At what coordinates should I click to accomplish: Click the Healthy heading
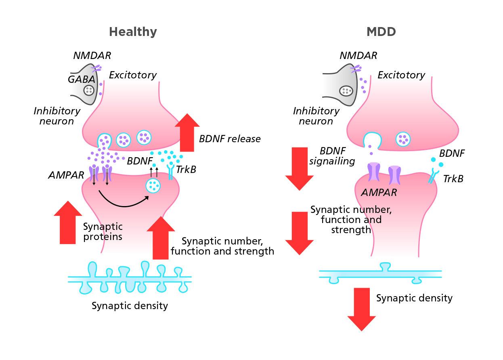(x=133, y=32)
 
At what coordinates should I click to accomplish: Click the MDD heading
(x=381, y=32)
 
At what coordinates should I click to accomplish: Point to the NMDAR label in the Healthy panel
(x=92, y=56)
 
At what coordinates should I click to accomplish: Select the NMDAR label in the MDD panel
(x=358, y=56)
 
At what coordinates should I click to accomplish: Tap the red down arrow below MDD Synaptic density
(x=362, y=309)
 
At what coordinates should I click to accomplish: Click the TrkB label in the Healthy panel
(x=186, y=170)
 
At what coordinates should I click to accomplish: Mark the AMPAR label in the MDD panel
(x=379, y=192)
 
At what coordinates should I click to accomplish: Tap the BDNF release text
(x=230, y=139)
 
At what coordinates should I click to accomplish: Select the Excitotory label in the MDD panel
(x=401, y=75)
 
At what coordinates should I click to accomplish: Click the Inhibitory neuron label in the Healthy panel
(x=57, y=116)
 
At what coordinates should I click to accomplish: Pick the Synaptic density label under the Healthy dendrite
(x=130, y=306)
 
